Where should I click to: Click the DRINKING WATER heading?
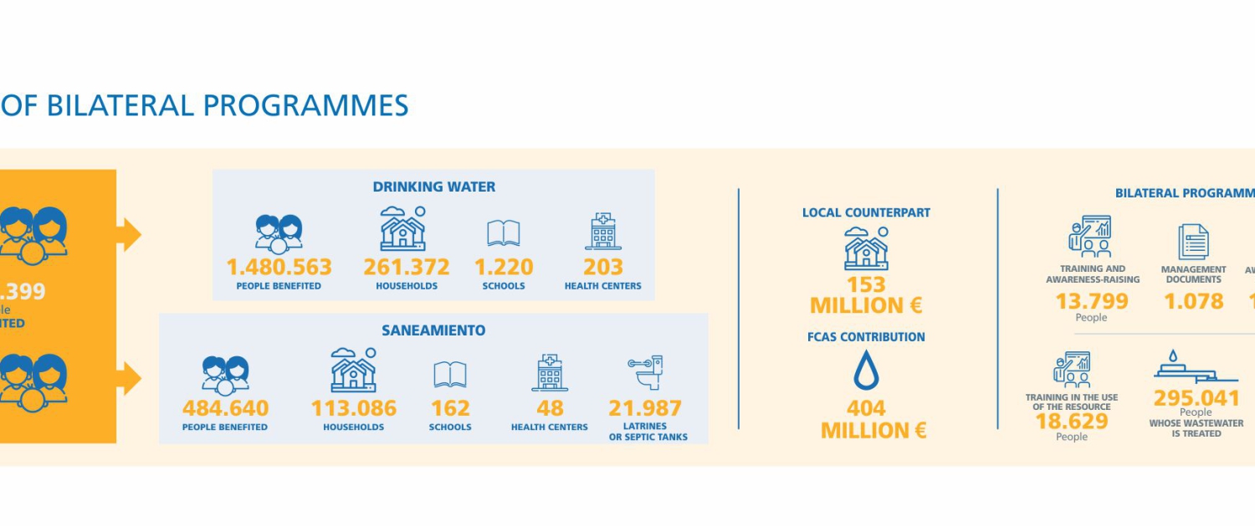pyautogui.click(x=433, y=187)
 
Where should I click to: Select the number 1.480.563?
pyautogui.click(x=279, y=267)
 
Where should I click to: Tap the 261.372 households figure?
pyautogui.click(x=407, y=267)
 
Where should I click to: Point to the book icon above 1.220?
pyautogui.click(x=504, y=233)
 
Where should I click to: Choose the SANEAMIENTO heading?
pyautogui.click(x=433, y=330)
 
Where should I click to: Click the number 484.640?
pyautogui.click(x=226, y=408)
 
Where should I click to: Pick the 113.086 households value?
pyautogui.click(x=354, y=408)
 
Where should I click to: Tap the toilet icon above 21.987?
pyautogui.click(x=645, y=373)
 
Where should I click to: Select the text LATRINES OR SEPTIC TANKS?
pyautogui.click(x=648, y=432)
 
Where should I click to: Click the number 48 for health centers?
pyautogui.click(x=550, y=408)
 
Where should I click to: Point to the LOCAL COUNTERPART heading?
pyautogui.click(x=866, y=212)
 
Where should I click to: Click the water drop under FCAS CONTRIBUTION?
pyautogui.click(x=866, y=371)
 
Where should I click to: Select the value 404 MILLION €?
pyautogui.click(x=866, y=419)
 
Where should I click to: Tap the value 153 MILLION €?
pyautogui.click(x=866, y=294)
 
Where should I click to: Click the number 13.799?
pyautogui.click(x=1092, y=301)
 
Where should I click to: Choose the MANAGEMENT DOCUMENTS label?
pyautogui.click(x=1194, y=274)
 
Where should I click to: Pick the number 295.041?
pyautogui.click(x=1196, y=397)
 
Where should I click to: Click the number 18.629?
pyautogui.click(x=1072, y=422)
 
